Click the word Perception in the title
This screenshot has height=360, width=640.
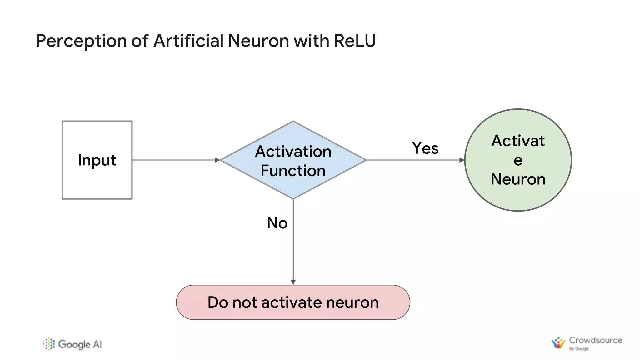tap(81, 41)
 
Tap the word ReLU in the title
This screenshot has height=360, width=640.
tap(355, 41)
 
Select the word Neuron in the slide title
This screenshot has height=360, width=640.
tap(258, 41)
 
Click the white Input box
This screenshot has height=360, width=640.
tap(97, 160)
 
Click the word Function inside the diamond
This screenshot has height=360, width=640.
tap(293, 171)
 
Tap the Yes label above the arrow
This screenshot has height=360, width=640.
tap(425, 148)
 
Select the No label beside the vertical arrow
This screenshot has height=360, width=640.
tap(277, 223)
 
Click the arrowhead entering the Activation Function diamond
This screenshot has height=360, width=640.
tap(217, 160)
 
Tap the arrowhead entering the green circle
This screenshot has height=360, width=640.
tap(462, 160)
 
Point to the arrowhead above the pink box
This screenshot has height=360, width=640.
tap(293, 282)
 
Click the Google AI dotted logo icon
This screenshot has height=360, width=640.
tap(49, 344)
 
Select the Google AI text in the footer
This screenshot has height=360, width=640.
tap(80, 344)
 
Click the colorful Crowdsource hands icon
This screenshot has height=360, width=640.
tap(558, 343)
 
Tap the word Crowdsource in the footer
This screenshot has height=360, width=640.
tap(595, 340)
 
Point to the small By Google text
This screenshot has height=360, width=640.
tap(579, 349)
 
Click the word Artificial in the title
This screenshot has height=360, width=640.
tap(188, 41)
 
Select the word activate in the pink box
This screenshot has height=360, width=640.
tap(292, 302)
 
